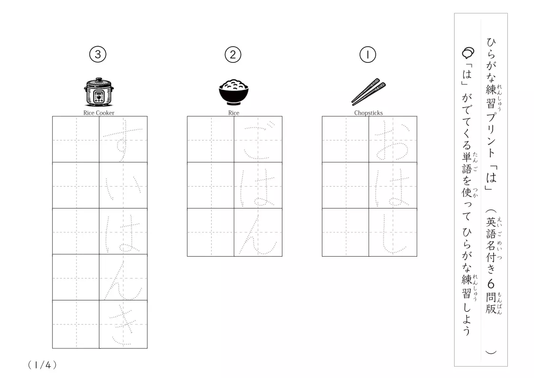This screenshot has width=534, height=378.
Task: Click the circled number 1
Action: (x=368, y=55)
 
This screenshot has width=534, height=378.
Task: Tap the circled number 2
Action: (x=233, y=55)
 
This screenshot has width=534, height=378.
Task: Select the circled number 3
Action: (x=98, y=55)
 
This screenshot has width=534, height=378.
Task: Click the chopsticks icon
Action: (x=369, y=92)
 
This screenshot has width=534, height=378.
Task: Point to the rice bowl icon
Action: (x=233, y=92)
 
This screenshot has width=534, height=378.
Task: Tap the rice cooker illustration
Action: (x=99, y=92)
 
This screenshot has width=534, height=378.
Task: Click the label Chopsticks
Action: (x=369, y=113)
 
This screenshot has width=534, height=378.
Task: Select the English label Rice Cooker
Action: (x=99, y=113)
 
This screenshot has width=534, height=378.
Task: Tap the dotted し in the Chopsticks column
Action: (x=393, y=233)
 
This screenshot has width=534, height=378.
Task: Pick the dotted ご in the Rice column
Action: (x=258, y=140)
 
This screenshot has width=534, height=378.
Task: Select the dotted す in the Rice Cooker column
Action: (x=123, y=140)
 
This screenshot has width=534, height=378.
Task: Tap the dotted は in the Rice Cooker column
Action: (x=123, y=233)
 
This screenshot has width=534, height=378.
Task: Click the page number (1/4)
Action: (x=42, y=365)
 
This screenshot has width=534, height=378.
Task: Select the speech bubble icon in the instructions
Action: (x=468, y=53)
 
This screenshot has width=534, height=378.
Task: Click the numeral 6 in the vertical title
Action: (x=491, y=284)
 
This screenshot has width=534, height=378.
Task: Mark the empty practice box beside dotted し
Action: (x=345, y=232)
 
